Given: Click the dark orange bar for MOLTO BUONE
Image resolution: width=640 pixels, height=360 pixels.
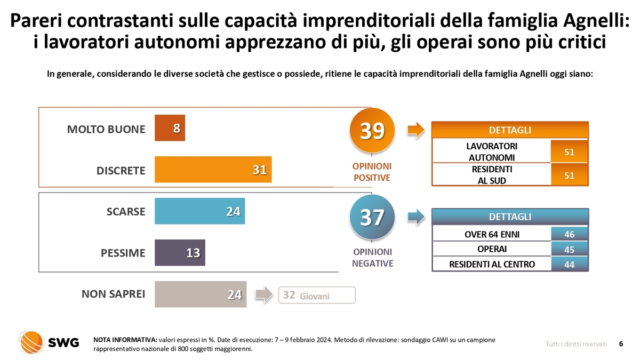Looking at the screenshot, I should pyautogui.click(x=170, y=128).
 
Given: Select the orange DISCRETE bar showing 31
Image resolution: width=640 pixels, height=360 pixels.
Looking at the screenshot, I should pyautogui.click(x=213, y=170).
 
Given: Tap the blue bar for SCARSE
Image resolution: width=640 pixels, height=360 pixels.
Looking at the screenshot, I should pyautogui.click(x=199, y=211).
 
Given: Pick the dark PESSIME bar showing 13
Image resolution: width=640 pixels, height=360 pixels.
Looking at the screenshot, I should pyautogui.click(x=180, y=253).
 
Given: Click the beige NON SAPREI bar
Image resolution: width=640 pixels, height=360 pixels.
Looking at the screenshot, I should pyautogui.click(x=201, y=294).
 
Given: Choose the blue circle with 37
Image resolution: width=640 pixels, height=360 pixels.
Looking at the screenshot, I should pyautogui.click(x=372, y=217).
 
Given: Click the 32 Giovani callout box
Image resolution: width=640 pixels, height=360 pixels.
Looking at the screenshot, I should pyautogui.click(x=317, y=295).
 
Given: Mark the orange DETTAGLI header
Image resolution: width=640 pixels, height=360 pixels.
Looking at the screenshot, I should pyautogui.click(x=509, y=131).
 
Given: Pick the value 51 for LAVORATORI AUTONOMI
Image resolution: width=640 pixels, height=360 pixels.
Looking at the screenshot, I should pyautogui.click(x=569, y=152).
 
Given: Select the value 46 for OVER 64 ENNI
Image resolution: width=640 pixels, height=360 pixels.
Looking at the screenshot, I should pyautogui.click(x=569, y=234).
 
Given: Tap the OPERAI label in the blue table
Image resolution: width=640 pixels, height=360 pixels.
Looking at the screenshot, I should pyautogui.click(x=492, y=249).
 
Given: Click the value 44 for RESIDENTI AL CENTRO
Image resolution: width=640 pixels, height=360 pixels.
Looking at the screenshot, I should pyautogui.click(x=569, y=264).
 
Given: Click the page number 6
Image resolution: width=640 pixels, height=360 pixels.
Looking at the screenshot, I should pyautogui.click(x=621, y=344).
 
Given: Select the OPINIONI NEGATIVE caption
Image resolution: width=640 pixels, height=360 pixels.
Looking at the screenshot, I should pyautogui.click(x=372, y=257).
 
